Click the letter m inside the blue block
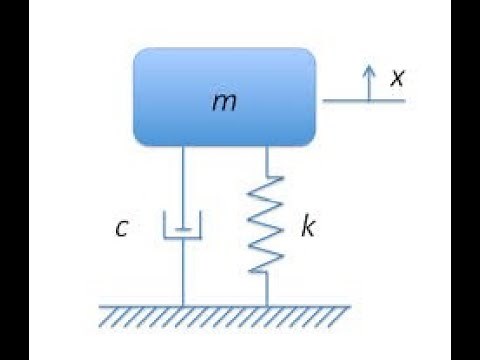point(226,101)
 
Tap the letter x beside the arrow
point(397,76)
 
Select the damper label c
point(121,229)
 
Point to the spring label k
point(308,227)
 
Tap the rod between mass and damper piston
point(183,185)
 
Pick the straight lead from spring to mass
point(267,160)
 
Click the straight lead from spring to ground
point(267,288)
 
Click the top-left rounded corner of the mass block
point(140,53)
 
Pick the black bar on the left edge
point(14,180)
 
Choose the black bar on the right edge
point(465,180)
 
